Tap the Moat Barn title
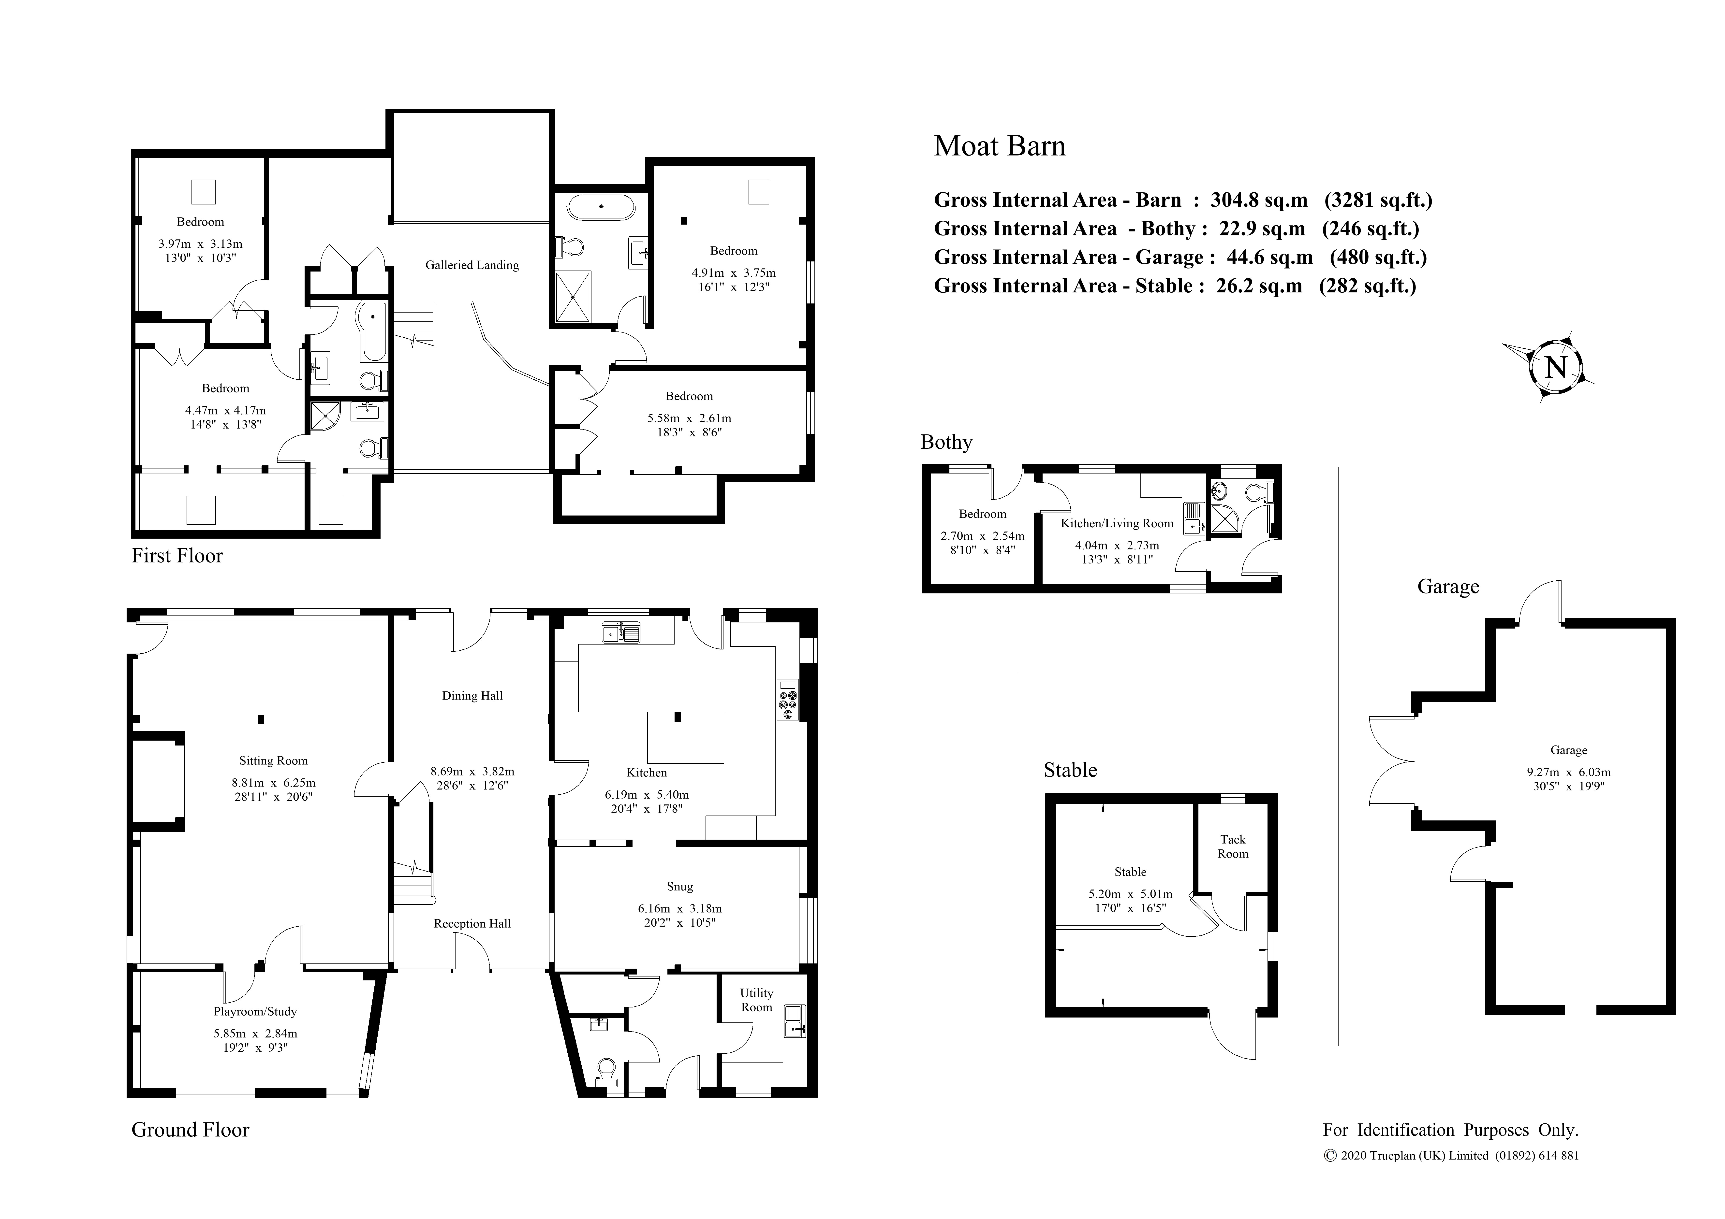tap(999, 146)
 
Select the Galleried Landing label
tap(472, 265)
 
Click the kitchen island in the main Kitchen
tap(685, 738)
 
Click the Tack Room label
tap(1233, 846)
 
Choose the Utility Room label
tap(757, 1001)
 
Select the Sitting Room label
tap(273, 761)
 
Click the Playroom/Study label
tap(255, 1012)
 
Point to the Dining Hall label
tap(472, 695)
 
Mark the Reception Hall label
tap(472, 924)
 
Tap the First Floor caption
tap(177, 556)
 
